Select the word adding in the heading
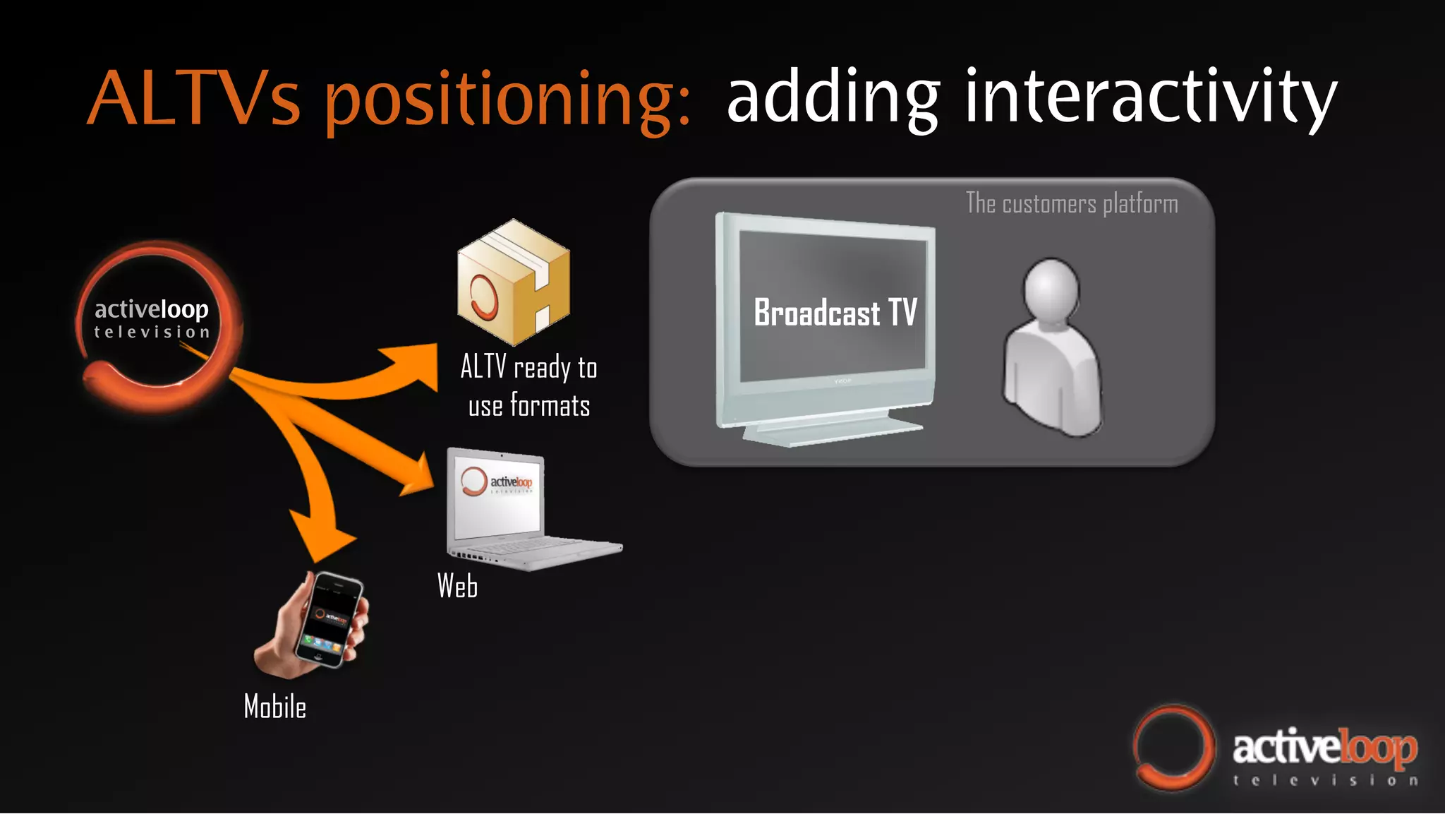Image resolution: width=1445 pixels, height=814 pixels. pyautogui.click(x=833, y=99)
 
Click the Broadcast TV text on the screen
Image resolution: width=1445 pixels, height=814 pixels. pyautogui.click(x=835, y=313)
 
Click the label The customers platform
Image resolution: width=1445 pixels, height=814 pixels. pyautogui.click(x=1071, y=204)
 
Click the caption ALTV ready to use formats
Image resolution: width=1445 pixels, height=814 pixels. pyautogui.click(x=528, y=386)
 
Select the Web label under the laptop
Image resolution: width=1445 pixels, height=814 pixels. pyautogui.click(x=457, y=586)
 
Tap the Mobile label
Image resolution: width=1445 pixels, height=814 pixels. pyautogui.click(x=274, y=707)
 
